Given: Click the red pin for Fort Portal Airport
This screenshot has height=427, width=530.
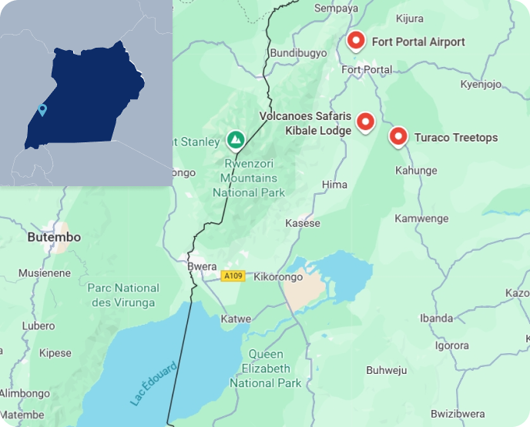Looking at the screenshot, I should (x=355, y=41).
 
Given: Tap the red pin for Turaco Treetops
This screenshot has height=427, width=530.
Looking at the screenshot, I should (x=397, y=137).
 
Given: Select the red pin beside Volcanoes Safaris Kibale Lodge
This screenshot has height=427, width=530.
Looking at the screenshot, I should (x=365, y=122).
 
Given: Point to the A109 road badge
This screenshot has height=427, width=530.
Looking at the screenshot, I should (x=233, y=275).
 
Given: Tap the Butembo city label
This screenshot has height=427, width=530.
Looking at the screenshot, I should (x=54, y=237).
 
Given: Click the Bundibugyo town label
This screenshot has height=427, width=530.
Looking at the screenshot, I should (x=297, y=52).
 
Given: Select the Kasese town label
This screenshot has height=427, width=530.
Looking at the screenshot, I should (x=303, y=223).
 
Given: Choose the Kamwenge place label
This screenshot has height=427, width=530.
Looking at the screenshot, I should (x=421, y=219).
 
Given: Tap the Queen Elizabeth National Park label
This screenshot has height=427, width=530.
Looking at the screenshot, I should (x=265, y=369).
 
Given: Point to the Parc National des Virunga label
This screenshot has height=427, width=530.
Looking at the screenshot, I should (x=124, y=295).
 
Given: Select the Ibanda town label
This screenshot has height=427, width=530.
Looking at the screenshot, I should (x=436, y=318).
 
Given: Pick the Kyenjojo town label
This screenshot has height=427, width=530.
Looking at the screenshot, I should (x=481, y=84).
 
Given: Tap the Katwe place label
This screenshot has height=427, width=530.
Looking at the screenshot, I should (x=236, y=319).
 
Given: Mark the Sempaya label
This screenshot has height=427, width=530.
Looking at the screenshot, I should (x=337, y=8).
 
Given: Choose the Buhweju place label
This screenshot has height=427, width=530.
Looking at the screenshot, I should (x=387, y=370).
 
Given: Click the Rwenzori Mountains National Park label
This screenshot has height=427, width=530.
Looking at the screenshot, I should (x=249, y=178).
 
